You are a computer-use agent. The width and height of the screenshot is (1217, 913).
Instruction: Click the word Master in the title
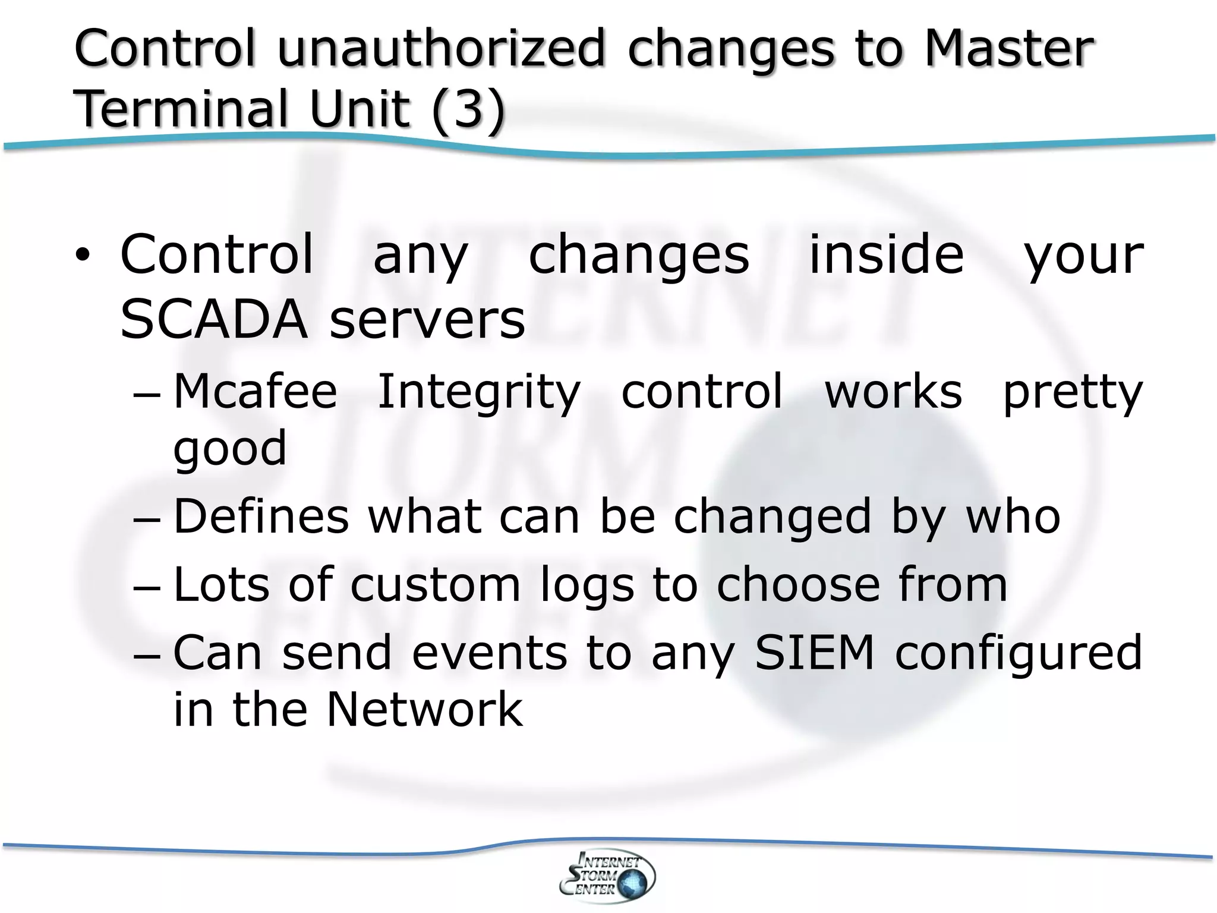pos(1008,49)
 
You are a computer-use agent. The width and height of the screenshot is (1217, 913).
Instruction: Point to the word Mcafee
pos(256,392)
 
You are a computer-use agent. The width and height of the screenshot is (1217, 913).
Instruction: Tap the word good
pos(230,448)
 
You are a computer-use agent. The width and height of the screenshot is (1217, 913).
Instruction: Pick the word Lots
pos(221,584)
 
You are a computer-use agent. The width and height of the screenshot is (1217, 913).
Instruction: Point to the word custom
pos(436,585)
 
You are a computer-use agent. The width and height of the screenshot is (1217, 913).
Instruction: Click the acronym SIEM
pos(815,653)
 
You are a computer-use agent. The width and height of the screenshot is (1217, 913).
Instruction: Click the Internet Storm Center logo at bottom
pos(607,877)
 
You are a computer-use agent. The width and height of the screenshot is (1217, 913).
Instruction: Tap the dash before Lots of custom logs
pos(147,588)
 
